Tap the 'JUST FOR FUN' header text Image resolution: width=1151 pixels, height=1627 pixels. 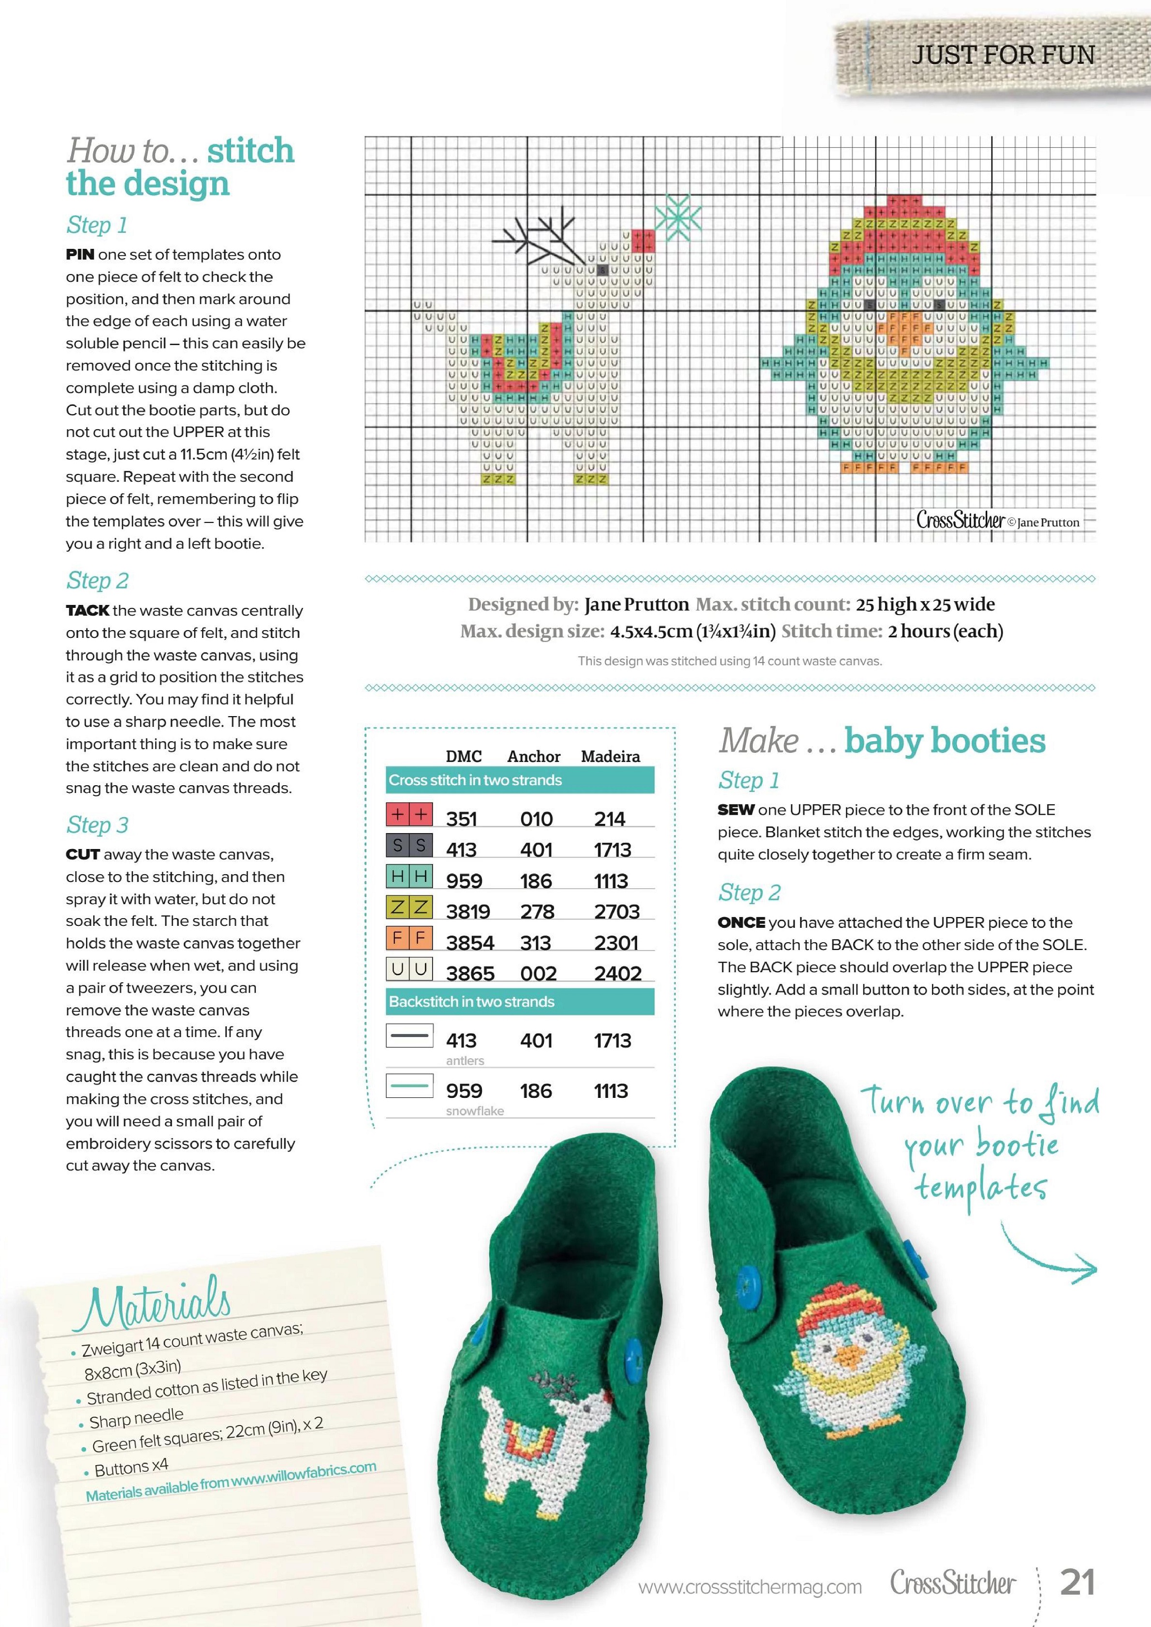(1003, 55)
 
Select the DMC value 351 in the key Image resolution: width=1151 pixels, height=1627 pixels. (461, 819)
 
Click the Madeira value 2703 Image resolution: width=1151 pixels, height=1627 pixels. (617, 911)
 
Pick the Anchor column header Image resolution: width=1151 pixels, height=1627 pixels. (534, 756)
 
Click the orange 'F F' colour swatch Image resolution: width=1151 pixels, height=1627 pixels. (409, 938)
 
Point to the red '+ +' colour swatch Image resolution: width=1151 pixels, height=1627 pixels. (409, 815)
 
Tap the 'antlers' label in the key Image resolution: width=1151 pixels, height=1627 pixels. (465, 1061)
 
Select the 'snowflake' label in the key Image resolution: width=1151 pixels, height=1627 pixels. (475, 1111)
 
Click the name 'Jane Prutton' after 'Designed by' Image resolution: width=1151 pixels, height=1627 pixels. (636, 605)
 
